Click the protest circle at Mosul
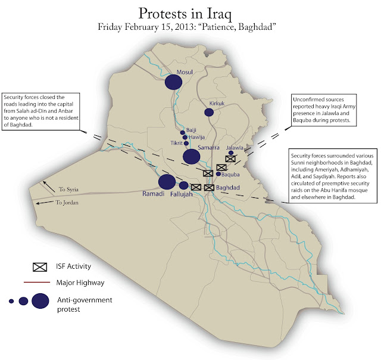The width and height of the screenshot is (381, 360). click(x=173, y=82)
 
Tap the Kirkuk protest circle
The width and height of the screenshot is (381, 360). click(x=209, y=112)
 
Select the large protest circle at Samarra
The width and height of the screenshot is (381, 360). click(x=191, y=156)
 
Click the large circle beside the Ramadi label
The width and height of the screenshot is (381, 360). click(x=167, y=182)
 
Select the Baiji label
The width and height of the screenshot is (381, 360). click(x=191, y=130)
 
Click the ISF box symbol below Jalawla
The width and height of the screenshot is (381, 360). click(x=230, y=159)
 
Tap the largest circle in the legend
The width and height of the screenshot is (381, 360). click(x=40, y=300)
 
